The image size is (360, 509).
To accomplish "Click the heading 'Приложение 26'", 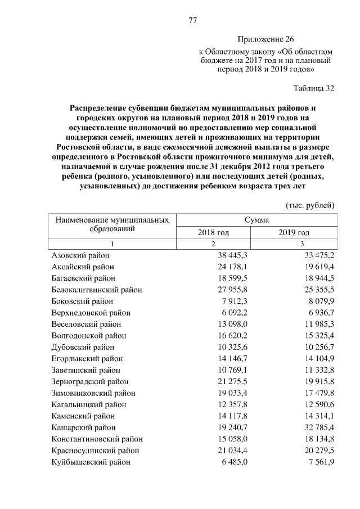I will [266, 39].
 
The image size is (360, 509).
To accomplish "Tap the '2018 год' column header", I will [213, 232].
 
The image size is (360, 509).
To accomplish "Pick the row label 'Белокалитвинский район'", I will [96, 289].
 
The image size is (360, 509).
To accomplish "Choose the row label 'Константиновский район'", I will [97, 439].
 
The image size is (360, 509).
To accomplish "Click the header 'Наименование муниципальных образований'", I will [111, 224].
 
